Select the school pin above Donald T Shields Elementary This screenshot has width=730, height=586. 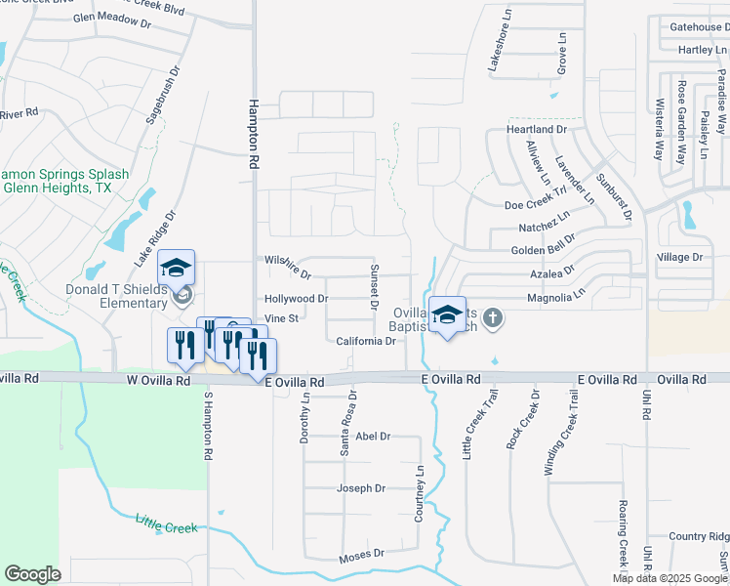pyautogui.click(x=176, y=269)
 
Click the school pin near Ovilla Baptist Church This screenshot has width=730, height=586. pyautogui.click(x=447, y=315)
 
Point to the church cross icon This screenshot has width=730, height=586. pyautogui.click(x=494, y=316)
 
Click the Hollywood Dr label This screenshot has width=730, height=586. pyautogui.click(x=297, y=298)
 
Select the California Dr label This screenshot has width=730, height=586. pyautogui.click(x=365, y=342)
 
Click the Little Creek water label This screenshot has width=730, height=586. pyautogui.click(x=166, y=526)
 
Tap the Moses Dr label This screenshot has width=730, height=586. pyautogui.click(x=361, y=556)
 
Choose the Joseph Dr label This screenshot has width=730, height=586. pyautogui.click(x=361, y=488)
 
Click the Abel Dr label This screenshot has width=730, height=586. pyautogui.click(x=373, y=437)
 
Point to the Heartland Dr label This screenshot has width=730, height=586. pyautogui.click(x=536, y=129)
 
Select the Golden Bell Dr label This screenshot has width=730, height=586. pyautogui.click(x=543, y=250)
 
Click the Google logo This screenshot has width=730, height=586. pyautogui.click(x=32, y=573)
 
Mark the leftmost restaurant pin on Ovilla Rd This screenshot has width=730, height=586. pyautogui.click(x=182, y=347)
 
